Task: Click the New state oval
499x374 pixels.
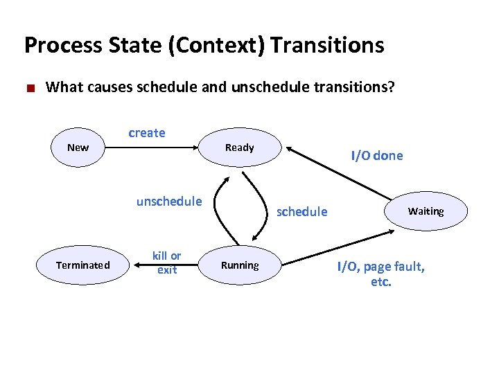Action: [78, 148]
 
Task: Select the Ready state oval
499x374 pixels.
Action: [240, 148]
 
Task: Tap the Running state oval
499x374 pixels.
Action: [240, 265]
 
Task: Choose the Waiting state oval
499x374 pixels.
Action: [426, 211]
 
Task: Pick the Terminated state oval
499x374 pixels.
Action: [83, 265]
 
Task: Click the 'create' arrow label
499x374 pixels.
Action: [147, 133]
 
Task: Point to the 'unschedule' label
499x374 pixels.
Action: [169, 202]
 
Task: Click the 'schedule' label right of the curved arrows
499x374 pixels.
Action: [302, 211]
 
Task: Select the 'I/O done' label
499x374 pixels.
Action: [376, 156]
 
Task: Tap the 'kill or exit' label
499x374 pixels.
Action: [167, 263]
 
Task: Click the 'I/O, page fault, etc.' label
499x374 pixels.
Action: [380, 273]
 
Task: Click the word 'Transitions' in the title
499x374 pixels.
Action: [327, 45]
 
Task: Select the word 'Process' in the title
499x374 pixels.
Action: [63, 45]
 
